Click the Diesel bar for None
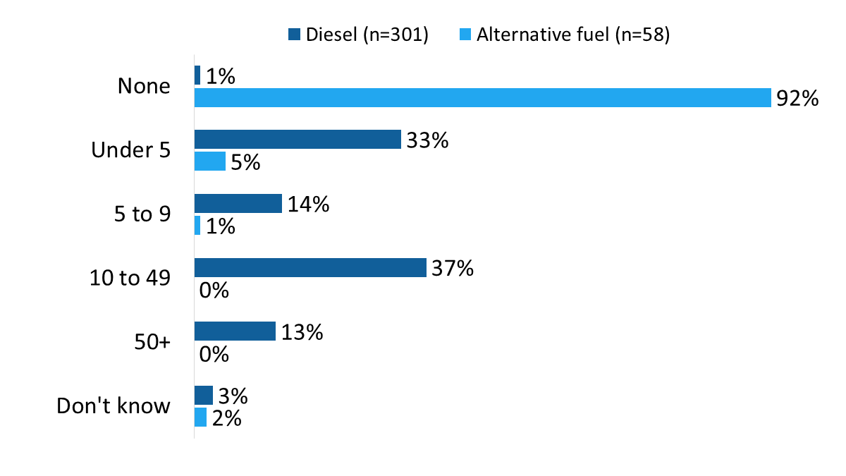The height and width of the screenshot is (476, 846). tap(197, 75)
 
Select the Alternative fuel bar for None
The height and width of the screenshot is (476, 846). tap(482, 98)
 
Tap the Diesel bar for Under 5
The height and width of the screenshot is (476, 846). tap(298, 140)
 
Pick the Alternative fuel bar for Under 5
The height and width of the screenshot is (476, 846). tap(210, 161)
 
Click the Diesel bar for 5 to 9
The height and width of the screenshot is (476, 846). tap(238, 204)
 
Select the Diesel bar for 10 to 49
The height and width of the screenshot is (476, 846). tap(310, 268)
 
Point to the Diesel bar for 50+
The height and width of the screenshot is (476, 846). tap(235, 331)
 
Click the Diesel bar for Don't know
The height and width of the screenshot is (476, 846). tap(203, 395)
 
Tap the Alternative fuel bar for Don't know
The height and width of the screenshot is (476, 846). tap(200, 417)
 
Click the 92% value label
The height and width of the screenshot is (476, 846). tap(797, 99)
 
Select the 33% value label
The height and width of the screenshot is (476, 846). tap(427, 140)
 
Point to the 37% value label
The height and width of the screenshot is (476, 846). tap(452, 268)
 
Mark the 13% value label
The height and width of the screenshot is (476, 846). tap(302, 332)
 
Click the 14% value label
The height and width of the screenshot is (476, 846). tap(308, 205)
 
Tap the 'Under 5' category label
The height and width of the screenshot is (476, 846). tap(131, 150)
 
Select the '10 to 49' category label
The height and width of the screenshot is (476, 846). tap(130, 279)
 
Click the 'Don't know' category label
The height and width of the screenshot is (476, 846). tap(114, 406)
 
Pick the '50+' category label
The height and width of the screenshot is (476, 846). tap(153, 342)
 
